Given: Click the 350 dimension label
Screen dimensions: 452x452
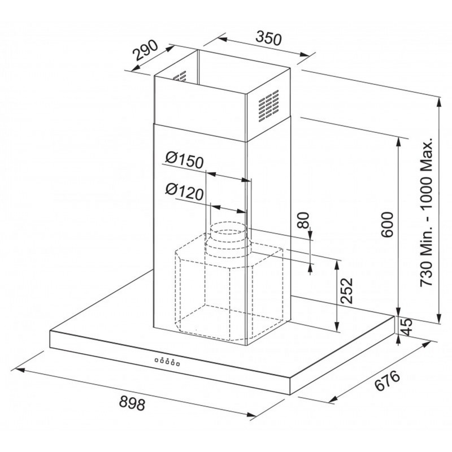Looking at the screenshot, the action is pyautogui.click(x=268, y=38).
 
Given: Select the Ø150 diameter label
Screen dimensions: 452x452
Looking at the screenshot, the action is pyautogui.click(x=185, y=160).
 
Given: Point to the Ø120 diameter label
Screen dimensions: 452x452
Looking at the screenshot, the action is pyautogui.click(x=185, y=192).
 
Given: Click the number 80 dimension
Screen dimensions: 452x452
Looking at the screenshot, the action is pyautogui.click(x=303, y=220).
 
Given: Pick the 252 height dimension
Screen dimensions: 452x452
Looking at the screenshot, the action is pyautogui.click(x=346, y=290).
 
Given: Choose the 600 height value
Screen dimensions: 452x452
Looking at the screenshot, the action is pyautogui.click(x=387, y=224).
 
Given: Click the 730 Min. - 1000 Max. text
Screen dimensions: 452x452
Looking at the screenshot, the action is pyautogui.click(x=427, y=211).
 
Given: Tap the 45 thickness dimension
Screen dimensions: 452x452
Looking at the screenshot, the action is pyautogui.click(x=407, y=327).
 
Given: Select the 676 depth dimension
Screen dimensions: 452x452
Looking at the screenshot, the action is pyautogui.click(x=388, y=380).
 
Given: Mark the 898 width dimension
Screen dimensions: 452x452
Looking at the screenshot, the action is pyautogui.click(x=132, y=403).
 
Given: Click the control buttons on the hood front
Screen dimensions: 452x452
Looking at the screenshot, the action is pyautogui.click(x=167, y=361).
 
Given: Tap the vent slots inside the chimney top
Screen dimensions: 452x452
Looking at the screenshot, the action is pyautogui.click(x=179, y=77).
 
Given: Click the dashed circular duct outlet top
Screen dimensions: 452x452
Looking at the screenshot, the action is pyautogui.click(x=228, y=228).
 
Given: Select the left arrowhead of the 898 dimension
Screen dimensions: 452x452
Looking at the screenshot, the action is pyautogui.click(x=19, y=369).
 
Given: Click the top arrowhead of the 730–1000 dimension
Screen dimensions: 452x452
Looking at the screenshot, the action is pyautogui.click(x=439, y=102).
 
